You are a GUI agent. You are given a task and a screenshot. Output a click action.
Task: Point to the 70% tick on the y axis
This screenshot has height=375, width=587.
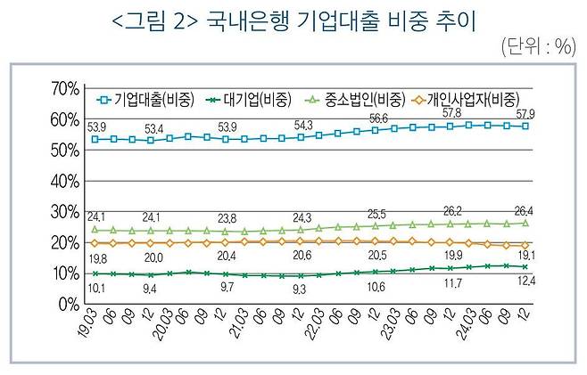pyautogui.click(x=64, y=88)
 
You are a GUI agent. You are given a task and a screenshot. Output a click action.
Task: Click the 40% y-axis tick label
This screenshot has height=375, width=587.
pyautogui.click(x=64, y=181)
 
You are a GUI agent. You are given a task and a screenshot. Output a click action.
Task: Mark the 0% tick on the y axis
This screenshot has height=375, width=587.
pyautogui.click(x=68, y=305)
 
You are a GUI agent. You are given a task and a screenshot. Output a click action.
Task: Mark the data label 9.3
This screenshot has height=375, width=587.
pyautogui.click(x=300, y=289)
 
